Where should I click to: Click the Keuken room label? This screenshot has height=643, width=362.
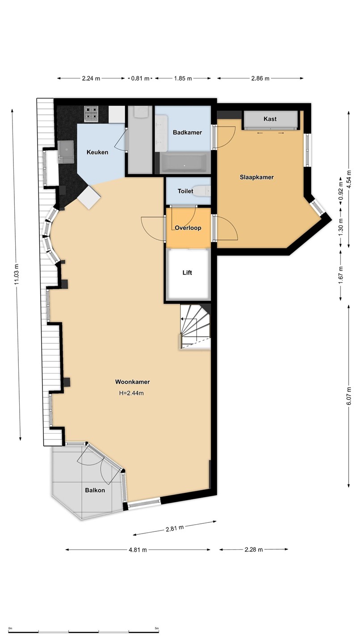point(97,152)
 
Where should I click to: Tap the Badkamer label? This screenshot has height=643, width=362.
point(187,132)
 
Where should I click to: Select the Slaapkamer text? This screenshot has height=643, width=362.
point(257,177)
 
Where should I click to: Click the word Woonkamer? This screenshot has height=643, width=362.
point(132,382)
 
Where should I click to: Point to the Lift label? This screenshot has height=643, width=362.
point(187,272)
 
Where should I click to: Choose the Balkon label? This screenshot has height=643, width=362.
point(95,490)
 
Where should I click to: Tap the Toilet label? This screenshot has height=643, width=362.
point(185,191)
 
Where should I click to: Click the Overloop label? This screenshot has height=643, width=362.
point(188,228)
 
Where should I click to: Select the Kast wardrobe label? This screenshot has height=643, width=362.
point(270,119)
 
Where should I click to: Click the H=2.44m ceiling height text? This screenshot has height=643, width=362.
point(131,393)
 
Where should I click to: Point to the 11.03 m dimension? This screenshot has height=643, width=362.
point(17,275)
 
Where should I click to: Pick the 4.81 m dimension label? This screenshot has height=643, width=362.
point(138,549)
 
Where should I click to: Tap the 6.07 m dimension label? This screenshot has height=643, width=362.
point(349,396)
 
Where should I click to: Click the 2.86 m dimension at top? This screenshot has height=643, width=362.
point(260,78)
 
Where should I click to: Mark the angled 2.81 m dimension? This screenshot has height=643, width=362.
point(175,528)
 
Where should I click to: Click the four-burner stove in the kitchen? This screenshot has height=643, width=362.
point(91,113)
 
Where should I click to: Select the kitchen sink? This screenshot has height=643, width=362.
point(66,152)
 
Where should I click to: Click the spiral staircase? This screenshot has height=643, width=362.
point(195,327)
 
